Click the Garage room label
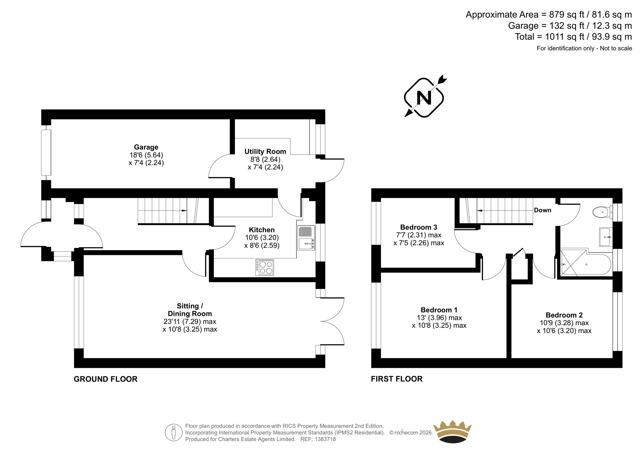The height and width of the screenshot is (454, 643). pyautogui.click(x=146, y=147)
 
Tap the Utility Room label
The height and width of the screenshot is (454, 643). pyautogui.click(x=265, y=151)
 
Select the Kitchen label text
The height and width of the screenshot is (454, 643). pyautogui.click(x=262, y=230)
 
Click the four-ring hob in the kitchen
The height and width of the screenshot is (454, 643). pyautogui.click(x=264, y=268)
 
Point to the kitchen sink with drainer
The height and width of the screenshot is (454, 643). pyautogui.click(x=306, y=238)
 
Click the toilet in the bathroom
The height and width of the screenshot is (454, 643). pyautogui.click(x=602, y=212)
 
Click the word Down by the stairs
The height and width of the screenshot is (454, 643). pyautogui.click(x=543, y=210)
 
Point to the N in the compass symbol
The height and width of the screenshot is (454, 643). pyautogui.click(x=424, y=98)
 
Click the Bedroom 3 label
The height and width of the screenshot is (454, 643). pyautogui.click(x=418, y=227)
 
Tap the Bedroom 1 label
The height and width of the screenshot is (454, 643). pyautogui.click(x=439, y=310)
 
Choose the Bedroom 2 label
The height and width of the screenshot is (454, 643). pyautogui.click(x=564, y=315)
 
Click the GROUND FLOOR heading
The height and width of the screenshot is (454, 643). pyautogui.click(x=106, y=379)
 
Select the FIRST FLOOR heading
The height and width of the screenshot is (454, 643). pyautogui.click(x=397, y=379)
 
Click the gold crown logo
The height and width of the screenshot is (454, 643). pyautogui.click(x=453, y=432)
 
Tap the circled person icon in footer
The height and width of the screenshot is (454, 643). pyautogui.click(x=174, y=432)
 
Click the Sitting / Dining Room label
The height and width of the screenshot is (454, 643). pyautogui.click(x=190, y=310)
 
